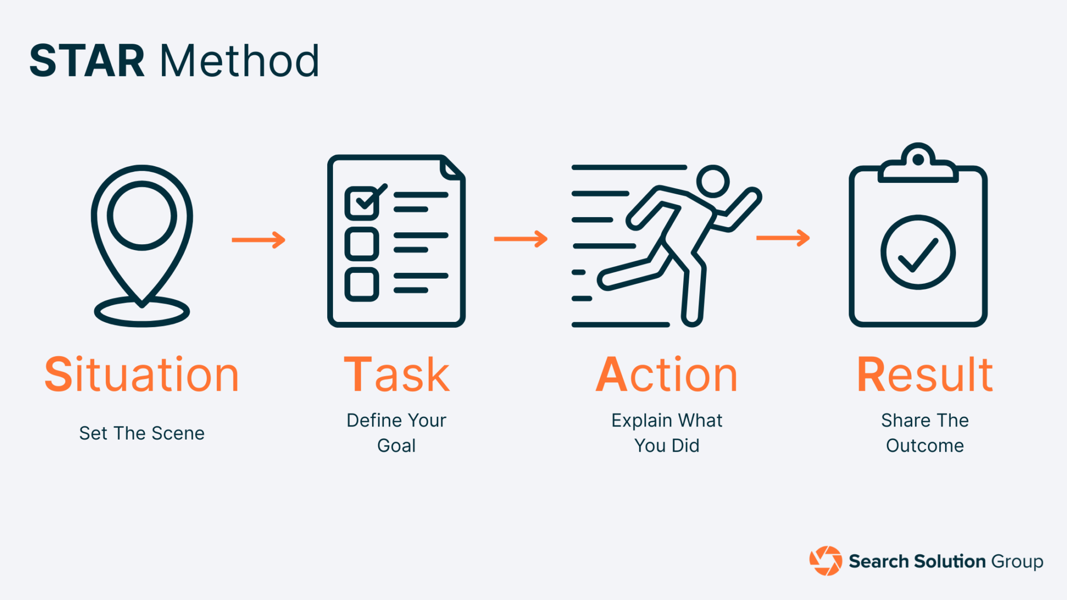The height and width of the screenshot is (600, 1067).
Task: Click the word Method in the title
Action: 239,61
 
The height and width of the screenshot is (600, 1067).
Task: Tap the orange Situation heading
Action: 142,374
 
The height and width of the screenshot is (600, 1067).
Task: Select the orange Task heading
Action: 396,374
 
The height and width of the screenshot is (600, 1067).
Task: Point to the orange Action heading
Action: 667,374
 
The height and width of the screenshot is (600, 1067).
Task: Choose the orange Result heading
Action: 925,374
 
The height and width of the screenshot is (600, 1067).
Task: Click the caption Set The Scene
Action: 142,433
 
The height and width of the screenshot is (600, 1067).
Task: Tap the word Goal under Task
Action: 396,446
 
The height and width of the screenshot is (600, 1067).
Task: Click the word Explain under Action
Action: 641,420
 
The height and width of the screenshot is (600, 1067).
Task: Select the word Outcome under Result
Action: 925,446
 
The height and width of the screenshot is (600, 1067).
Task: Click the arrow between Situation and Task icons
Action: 259,240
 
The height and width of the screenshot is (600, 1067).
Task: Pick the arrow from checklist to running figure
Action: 521,239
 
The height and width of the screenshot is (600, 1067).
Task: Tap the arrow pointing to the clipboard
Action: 783,238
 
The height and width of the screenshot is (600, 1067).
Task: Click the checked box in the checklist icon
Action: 362,203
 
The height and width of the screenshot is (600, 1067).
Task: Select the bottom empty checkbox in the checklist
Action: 362,284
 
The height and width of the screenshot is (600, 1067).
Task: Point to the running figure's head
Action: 712,181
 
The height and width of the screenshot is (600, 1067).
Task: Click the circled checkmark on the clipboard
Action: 917,253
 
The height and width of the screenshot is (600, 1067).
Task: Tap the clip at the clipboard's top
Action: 918,164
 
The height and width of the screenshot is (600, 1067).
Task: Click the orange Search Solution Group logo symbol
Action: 825,561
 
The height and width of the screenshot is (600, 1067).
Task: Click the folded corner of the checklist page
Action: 452,168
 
